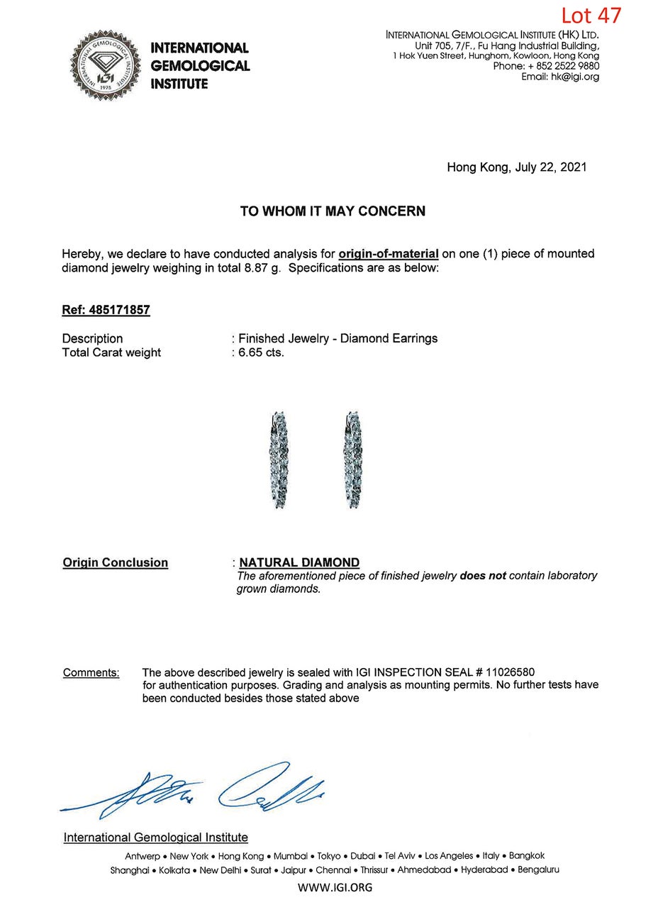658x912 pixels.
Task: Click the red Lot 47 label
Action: click(x=591, y=15)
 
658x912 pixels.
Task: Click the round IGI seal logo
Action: click(x=105, y=66)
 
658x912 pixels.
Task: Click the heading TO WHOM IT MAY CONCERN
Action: click(x=332, y=211)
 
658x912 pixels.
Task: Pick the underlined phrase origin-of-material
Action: click(x=389, y=254)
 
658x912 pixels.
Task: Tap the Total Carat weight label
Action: click(x=111, y=352)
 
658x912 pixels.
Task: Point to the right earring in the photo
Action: click(x=352, y=459)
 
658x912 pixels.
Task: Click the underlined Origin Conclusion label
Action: click(x=115, y=562)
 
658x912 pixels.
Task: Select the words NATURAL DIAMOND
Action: click(x=299, y=562)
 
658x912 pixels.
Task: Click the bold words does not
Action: click(x=482, y=576)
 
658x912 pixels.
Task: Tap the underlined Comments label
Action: click(x=91, y=672)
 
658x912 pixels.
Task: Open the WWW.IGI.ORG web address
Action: click(x=335, y=887)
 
